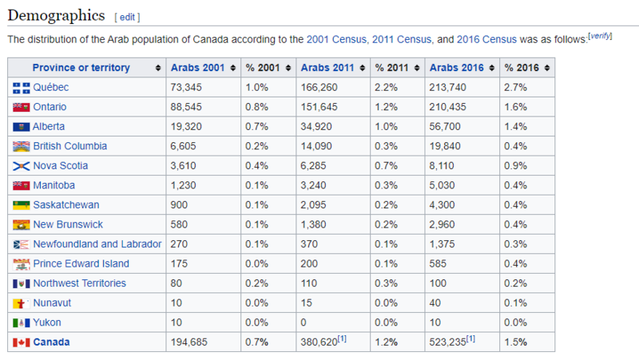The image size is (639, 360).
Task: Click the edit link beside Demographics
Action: click(x=127, y=17)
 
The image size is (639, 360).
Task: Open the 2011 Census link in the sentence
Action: click(x=402, y=39)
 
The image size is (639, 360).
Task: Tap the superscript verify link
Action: click(x=600, y=36)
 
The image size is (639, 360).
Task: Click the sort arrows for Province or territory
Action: click(x=158, y=68)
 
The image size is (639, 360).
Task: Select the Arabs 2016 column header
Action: click(x=456, y=68)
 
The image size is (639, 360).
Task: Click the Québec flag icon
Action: click(x=22, y=88)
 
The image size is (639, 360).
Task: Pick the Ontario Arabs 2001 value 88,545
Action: click(x=186, y=107)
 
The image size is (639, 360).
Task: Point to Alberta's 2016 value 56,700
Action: click(x=445, y=127)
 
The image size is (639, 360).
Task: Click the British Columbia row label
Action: click(x=70, y=146)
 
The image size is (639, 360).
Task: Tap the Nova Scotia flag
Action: click(x=22, y=166)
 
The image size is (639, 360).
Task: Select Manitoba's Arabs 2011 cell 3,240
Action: click(x=313, y=185)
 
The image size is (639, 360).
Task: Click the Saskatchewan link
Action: click(x=66, y=205)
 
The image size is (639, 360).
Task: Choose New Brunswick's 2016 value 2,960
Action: click(x=442, y=224)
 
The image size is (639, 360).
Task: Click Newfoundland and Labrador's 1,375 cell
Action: click(x=442, y=244)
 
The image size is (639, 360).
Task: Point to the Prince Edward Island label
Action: click(x=81, y=263)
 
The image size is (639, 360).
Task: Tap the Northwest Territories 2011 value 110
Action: click(x=309, y=283)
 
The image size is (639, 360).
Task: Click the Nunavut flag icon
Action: click(x=22, y=303)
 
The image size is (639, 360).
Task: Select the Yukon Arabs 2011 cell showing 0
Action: click(x=304, y=322)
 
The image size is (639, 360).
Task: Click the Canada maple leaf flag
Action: click(x=22, y=342)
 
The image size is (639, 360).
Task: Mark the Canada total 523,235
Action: click(x=447, y=342)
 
